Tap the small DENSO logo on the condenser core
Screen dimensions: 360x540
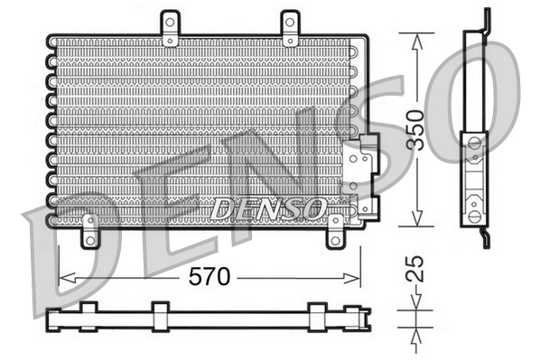[266, 208]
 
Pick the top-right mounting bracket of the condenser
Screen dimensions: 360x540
[289, 30]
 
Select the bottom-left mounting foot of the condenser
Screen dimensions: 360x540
[89, 232]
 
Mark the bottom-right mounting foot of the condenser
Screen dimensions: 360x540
[335, 230]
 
